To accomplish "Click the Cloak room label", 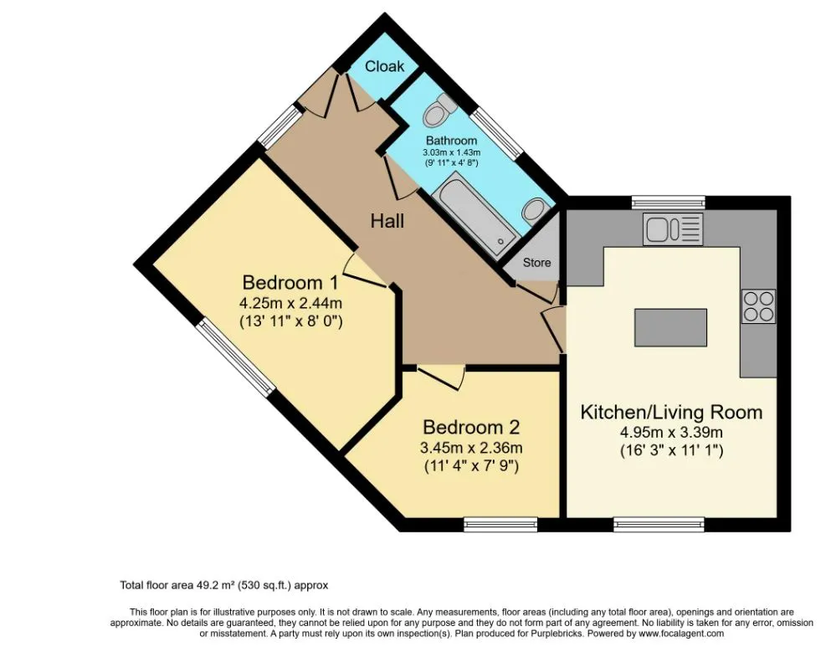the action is [x=384, y=66].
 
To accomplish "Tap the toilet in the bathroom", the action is [x=439, y=110].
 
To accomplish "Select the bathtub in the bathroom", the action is [x=474, y=213].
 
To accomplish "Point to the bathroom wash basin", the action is [x=534, y=211].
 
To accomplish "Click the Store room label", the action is [x=536, y=262].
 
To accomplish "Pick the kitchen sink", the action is [x=673, y=229].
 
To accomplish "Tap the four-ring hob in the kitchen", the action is [x=758, y=306].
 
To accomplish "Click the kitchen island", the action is [x=671, y=327].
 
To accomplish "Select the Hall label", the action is [x=387, y=221].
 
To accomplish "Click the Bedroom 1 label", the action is [x=290, y=282].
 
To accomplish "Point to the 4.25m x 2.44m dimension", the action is [x=290, y=303].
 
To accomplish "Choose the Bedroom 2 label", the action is [x=471, y=427].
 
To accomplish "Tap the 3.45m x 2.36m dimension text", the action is [x=471, y=448].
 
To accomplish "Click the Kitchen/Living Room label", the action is [x=671, y=412].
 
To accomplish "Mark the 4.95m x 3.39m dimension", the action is [x=671, y=433].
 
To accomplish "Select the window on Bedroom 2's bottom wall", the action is [x=500, y=524].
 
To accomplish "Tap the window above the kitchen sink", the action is [x=669, y=202].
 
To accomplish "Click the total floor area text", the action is [x=223, y=586].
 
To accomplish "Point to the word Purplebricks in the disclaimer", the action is [x=557, y=634].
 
